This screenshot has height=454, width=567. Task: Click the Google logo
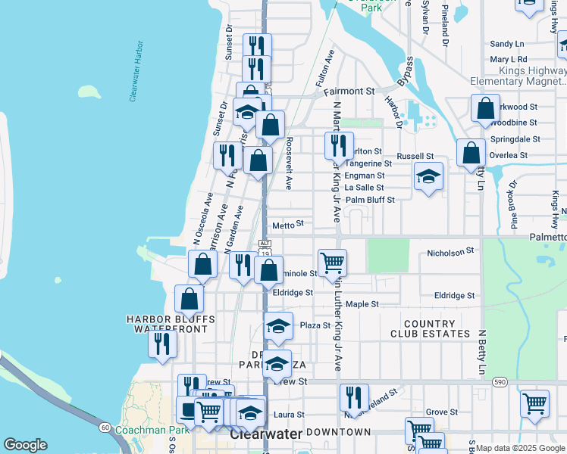[x=26, y=445]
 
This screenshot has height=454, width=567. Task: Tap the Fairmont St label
[x=349, y=91]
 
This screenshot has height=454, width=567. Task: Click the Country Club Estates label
[x=431, y=328]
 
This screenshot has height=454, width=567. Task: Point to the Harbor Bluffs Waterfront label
[x=171, y=324]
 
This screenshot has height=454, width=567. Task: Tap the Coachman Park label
[x=161, y=431]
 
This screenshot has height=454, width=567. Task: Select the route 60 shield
[x=104, y=428]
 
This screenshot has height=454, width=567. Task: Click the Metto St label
[x=287, y=224]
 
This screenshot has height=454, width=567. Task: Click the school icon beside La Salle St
[x=428, y=177]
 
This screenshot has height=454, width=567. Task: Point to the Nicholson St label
[x=450, y=250]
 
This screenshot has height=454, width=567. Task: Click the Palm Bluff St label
[x=370, y=200]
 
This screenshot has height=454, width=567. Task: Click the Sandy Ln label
[x=507, y=44]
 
